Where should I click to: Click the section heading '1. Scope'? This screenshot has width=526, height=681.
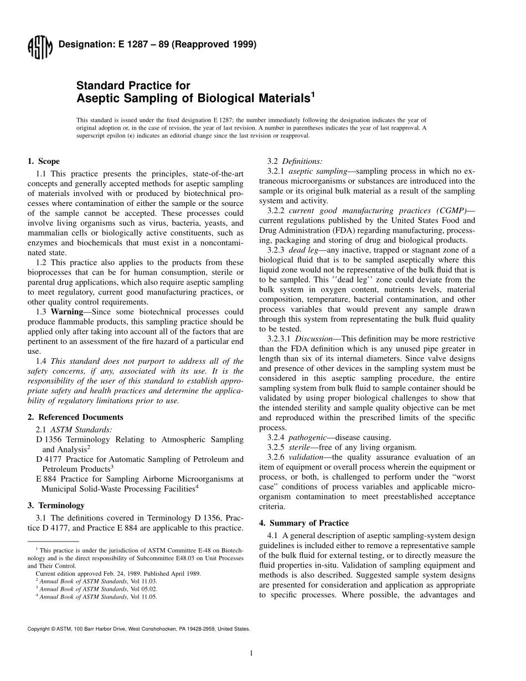pos(44,162)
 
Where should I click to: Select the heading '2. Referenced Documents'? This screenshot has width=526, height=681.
pos(75,417)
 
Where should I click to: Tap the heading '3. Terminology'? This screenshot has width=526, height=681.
pos(56,505)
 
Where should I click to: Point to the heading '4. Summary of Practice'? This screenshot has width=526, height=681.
pos(304,523)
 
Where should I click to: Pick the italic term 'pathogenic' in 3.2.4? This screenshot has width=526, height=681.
pos(310,437)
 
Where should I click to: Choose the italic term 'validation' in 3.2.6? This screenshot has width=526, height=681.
pos(306,457)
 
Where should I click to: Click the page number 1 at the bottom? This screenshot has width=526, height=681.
pos(251,653)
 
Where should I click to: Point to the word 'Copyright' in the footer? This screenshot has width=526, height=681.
pos(38,629)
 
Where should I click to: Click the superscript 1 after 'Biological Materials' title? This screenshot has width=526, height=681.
pos(312,95)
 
